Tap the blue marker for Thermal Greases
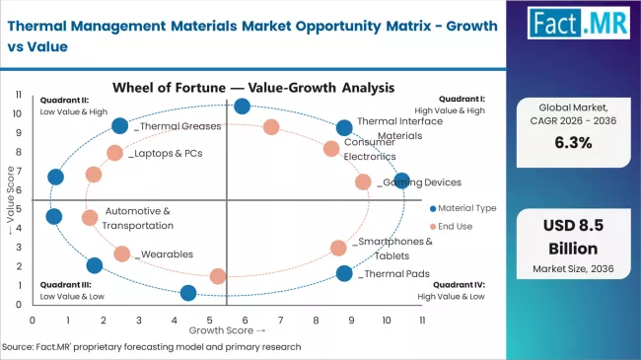coord(120,125)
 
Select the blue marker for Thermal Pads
coord(344,273)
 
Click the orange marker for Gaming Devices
coord(363,182)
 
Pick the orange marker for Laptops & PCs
coord(115,153)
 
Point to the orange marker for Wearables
coord(122,253)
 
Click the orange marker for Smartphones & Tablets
coord(338,248)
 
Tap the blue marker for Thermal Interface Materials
coord(344,128)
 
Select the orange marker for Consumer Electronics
coord(331,149)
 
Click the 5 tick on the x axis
coord(209,321)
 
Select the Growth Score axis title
coord(228,330)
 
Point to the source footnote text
coord(151,347)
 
